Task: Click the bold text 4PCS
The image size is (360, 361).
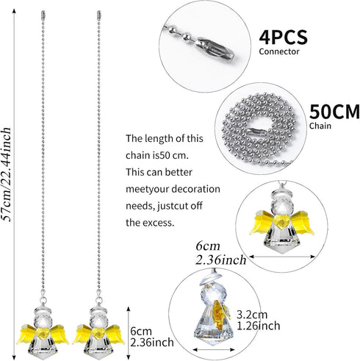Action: [x=283, y=37]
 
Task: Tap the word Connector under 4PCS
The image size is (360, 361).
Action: [x=279, y=51]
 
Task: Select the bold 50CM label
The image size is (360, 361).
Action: [x=334, y=112]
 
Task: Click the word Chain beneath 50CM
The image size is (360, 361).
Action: [x=320, y=126]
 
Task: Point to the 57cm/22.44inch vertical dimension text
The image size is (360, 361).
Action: [x=7, y=174]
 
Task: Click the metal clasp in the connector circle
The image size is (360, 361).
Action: [x=215, y=48]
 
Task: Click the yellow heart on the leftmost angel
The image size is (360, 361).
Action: [x=43, y=333]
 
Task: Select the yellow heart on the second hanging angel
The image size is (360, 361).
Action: [x=98, y=333]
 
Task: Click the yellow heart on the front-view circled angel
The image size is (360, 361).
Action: [x=281, y=221]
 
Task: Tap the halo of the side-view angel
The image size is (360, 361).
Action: [x=211, y=280]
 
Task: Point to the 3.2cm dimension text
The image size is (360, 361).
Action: [x=252, y=315]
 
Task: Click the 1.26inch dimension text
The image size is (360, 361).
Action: [x=259, y=326]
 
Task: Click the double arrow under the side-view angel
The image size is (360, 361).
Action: [x=214, y=349]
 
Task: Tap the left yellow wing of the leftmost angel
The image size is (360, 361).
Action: [x=26, y=334]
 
